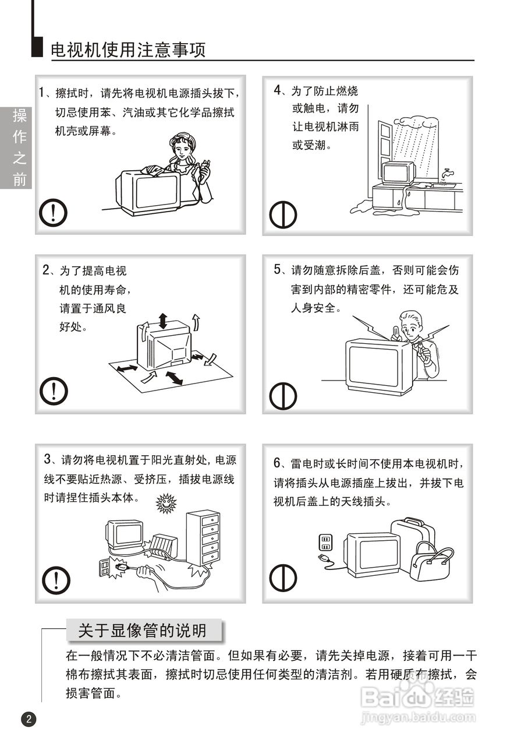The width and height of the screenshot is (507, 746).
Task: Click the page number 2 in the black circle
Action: [29, 729]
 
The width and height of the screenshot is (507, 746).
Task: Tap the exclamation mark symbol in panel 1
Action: [53, 213]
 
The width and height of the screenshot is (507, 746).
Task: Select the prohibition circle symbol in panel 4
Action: [283, 214]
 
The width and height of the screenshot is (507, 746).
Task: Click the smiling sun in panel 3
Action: [166, 503]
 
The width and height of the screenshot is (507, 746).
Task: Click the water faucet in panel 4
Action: [446, 174]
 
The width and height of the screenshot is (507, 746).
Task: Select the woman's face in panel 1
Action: [181, 149]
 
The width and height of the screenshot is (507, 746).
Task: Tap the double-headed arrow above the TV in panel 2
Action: [162, 321]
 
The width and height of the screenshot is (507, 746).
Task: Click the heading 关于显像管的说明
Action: [143, 631]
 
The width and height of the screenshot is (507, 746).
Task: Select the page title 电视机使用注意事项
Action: [128, 50]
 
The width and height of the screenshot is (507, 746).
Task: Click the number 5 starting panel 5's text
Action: [278, 269]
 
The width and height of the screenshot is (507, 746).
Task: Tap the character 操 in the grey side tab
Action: [19, 115]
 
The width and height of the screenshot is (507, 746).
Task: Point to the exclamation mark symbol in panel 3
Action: [56, 580]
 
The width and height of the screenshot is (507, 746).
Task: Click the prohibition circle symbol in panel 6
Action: [283, 578]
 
